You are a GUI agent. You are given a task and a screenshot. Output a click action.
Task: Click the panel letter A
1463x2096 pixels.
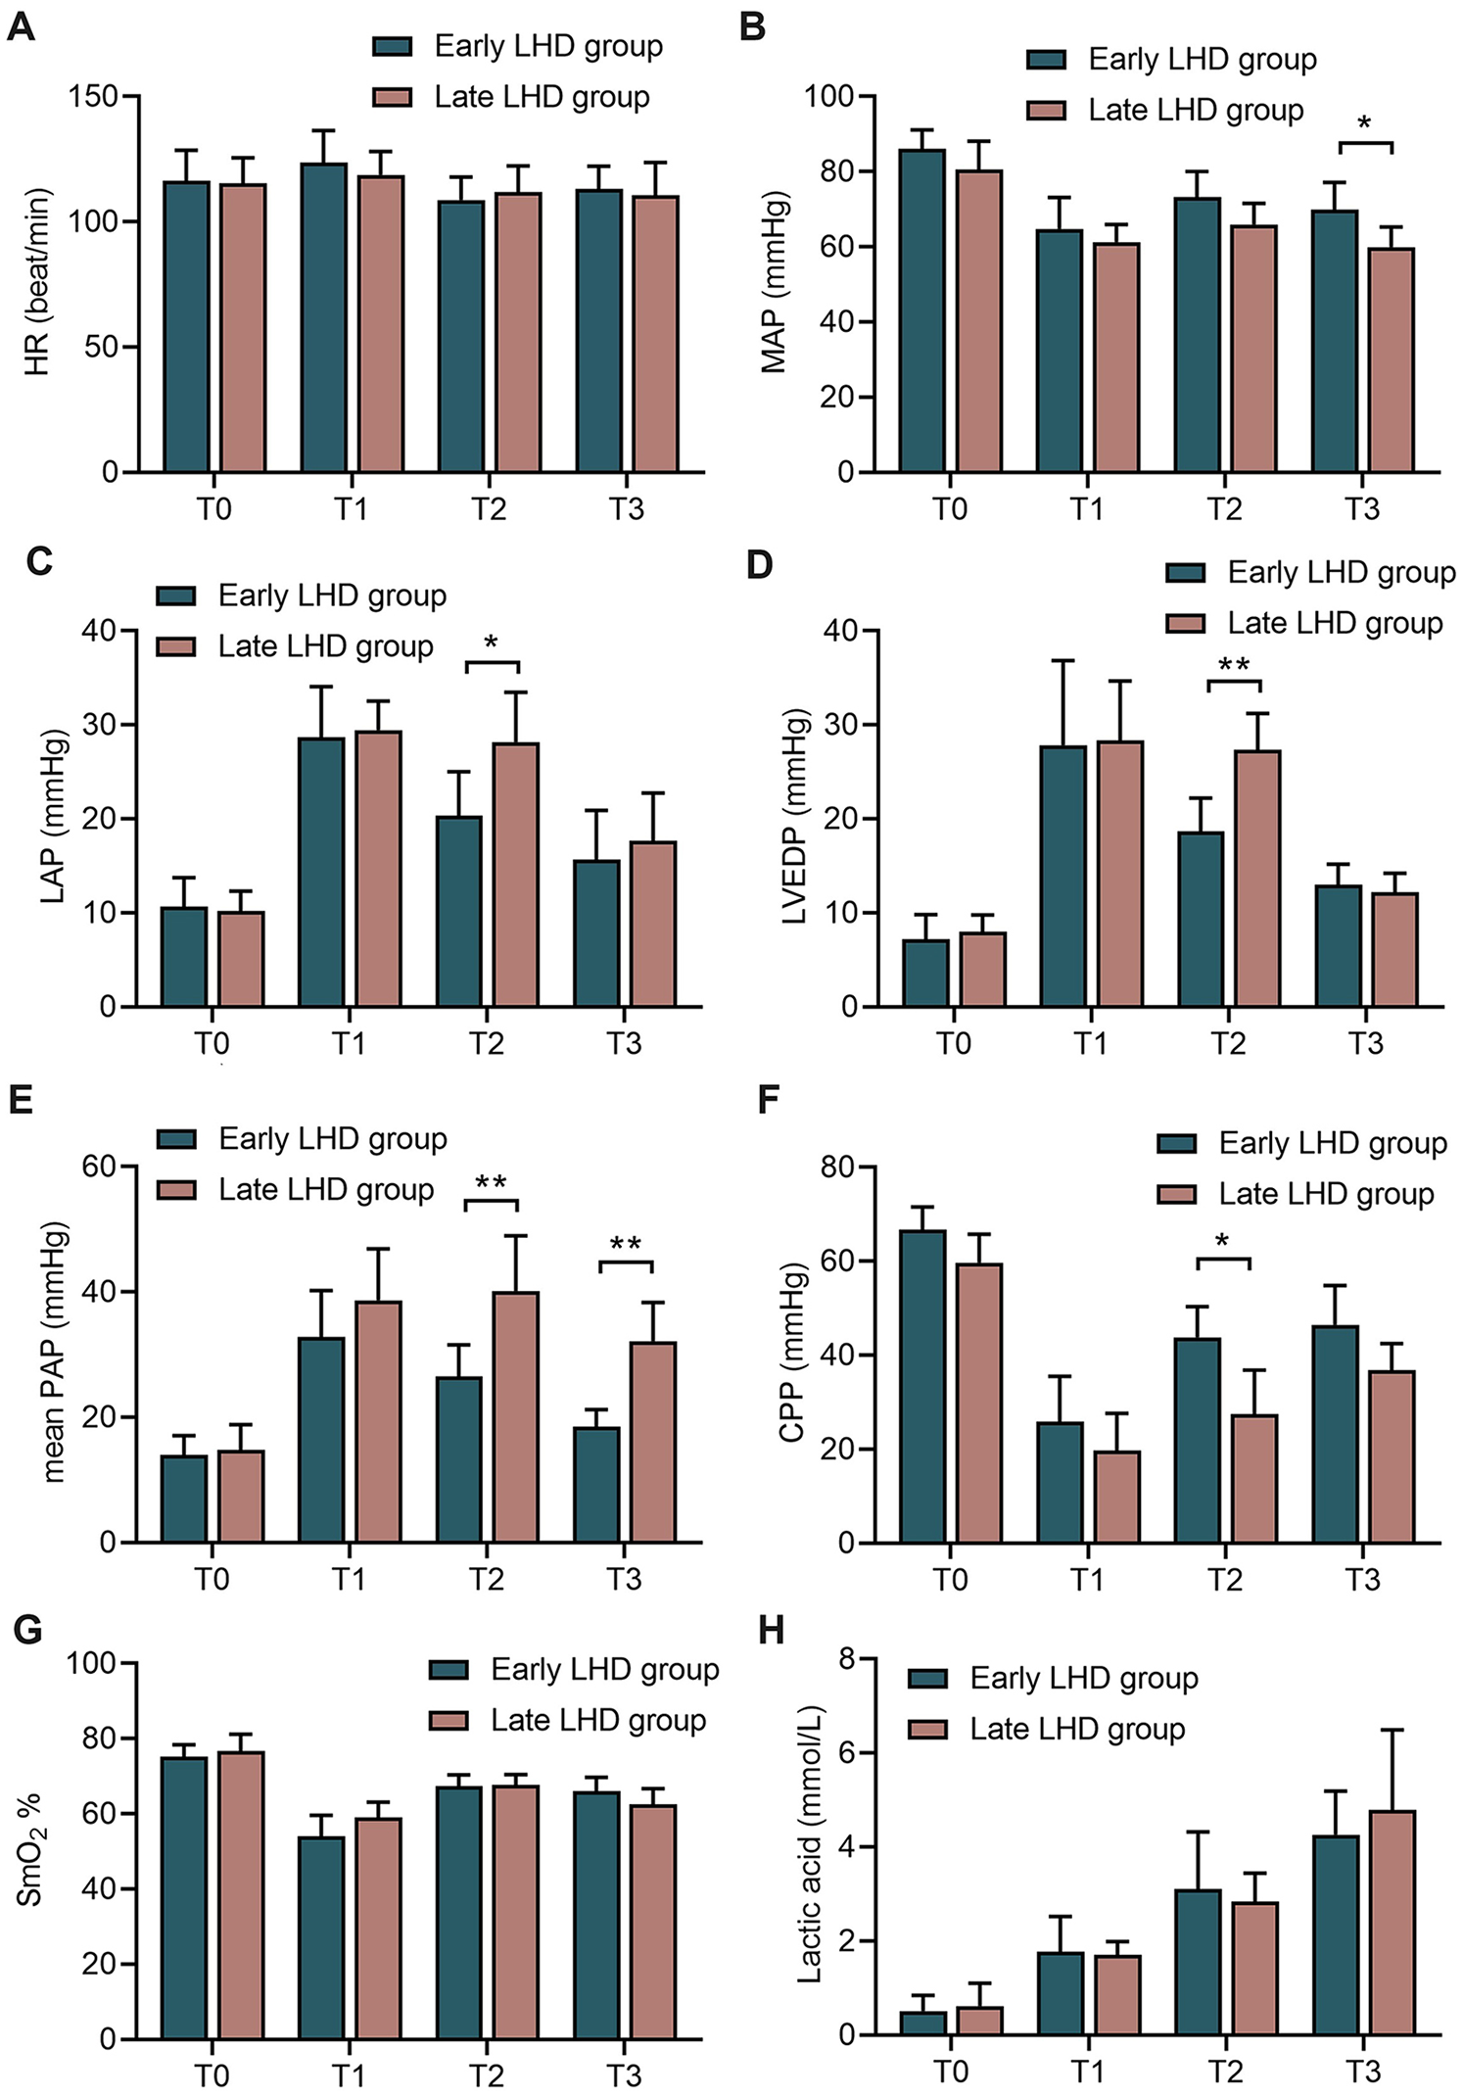[x=21, y=26]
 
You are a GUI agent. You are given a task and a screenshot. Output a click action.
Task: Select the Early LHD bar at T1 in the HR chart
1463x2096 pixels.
[x=323, y=318]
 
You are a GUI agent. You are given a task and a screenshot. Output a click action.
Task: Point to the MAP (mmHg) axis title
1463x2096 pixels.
[x=775, y=283]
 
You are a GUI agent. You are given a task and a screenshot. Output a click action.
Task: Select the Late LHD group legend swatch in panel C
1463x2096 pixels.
[x=176, y=646]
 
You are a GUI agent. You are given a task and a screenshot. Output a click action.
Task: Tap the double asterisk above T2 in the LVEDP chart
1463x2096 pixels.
[x=1234, y=667]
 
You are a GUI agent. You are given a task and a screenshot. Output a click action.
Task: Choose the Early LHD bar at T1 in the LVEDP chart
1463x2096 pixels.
[x=1063, y=877]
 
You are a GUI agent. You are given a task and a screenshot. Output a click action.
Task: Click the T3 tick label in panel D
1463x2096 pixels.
[x=1365, y=1044]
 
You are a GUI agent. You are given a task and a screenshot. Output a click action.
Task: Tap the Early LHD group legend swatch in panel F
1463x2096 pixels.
[x=1177, y=1143]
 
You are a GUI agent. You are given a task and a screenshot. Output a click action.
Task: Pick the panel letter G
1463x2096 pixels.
[x=27, y=1631]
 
